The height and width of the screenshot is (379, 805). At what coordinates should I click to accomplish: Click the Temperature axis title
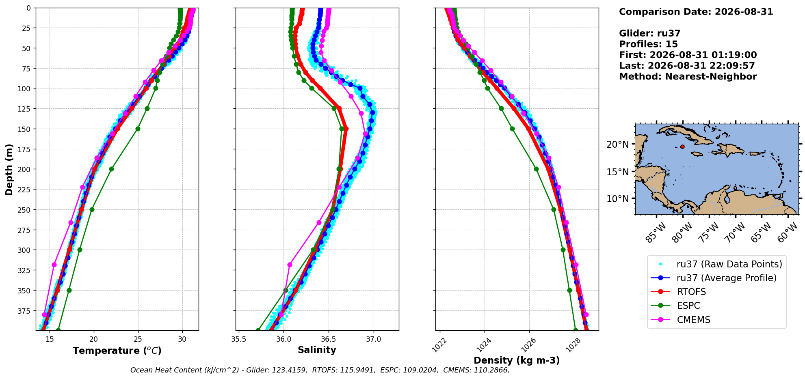117,351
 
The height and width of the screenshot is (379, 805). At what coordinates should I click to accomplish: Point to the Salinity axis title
317,350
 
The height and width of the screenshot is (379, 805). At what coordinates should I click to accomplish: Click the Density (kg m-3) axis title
517,360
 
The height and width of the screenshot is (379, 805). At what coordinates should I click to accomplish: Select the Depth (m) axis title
9,169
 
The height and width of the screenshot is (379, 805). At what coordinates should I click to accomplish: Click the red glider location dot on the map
682,146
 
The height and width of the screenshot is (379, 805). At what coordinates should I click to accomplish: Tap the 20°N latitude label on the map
617,144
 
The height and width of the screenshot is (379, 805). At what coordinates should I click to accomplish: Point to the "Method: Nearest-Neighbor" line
688,77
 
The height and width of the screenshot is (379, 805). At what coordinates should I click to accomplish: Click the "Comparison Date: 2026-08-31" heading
696,12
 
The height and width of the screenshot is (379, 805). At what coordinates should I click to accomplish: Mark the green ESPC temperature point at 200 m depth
111,169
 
